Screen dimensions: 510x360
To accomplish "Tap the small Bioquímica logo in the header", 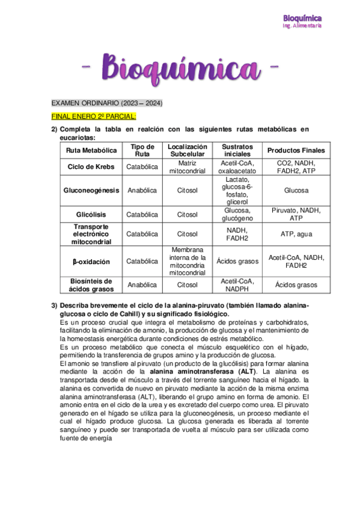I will pyautogui.click(x=302, y=19).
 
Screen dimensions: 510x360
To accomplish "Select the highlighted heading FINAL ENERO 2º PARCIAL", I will pyautogui.click(x=94, y=116).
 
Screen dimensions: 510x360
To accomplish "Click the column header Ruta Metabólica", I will pyautogui.click(x=92, y=150).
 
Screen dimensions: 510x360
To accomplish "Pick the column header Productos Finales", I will pyautogui.click(x=296, y=150).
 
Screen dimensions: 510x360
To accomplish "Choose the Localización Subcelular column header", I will pyautogui.click(x=188, y=150).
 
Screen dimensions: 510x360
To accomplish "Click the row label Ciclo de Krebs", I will pyautogui.click(x=92, y=166).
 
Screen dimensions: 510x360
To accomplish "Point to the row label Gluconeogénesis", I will pyautogui.click(x=92, y=190).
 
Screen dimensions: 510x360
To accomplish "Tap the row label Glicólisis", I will pyautogui.click(x=92, y=214).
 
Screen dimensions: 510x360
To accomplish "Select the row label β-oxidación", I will pyautogui.click(x=92, y=261).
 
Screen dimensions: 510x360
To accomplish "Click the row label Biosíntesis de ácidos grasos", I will pyautogui.click(x=92, y=285).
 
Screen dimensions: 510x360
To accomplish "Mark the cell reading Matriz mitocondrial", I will pyautogui.click(x=188, y=166).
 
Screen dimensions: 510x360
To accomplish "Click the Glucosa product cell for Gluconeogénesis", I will pyautogui.click(x=296, y=190).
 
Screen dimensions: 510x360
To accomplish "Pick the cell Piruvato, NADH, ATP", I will pyautogui.click(x=296, y=214).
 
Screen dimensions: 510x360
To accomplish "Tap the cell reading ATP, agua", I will pyautogui.click(x=296, y=234).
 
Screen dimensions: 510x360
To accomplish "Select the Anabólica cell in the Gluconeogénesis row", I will pyautogui.click(x=142, y=190).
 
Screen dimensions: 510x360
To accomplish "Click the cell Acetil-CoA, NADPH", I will pyautogui.click(x=237, y=285).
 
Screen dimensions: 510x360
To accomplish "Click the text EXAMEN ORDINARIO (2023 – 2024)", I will pyautogui.click(x=106, y=103).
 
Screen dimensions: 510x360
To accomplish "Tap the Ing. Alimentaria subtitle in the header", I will pyautogui.click(x=302, y=26).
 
